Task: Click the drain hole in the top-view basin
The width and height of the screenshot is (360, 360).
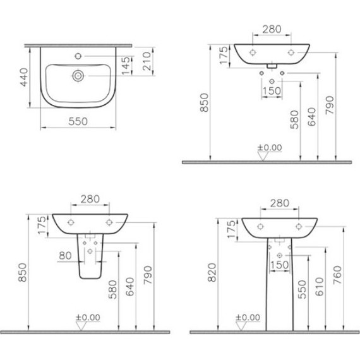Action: click(x=77, y=76)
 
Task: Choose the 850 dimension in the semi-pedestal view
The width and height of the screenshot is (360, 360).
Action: click(x=23, y=270)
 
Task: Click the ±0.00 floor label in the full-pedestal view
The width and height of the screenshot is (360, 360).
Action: click(x=248, y=317)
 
